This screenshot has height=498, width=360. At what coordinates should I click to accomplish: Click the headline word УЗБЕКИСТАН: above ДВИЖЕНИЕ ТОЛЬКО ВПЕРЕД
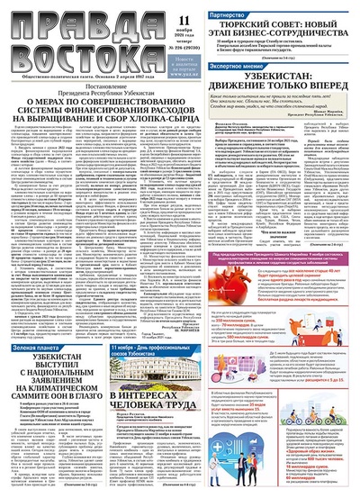(x=283, y=80)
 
